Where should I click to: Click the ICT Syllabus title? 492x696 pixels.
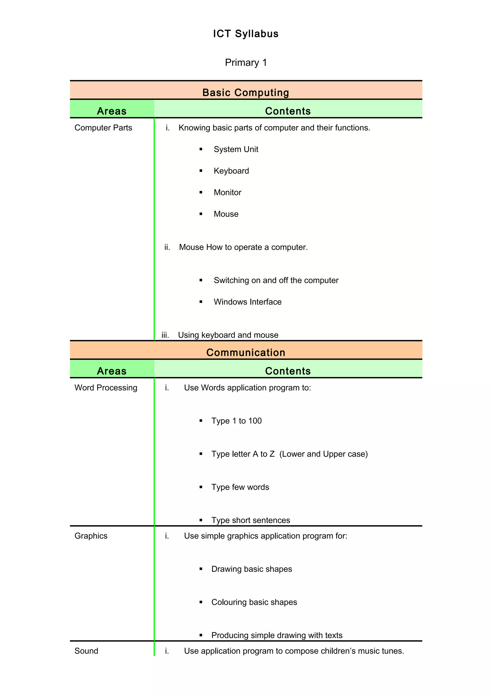tap(246, 34)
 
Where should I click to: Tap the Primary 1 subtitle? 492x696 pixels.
tap(246, 62)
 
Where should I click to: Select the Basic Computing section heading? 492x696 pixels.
tap(246, 92)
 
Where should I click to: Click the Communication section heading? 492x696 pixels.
tap(246, 352)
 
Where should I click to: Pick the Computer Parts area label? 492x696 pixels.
tap(103, 128)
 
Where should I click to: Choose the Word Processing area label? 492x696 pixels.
tap(106, 387)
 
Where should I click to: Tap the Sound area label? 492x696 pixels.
tap(86, 651)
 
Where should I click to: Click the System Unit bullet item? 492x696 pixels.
tap(236, 149)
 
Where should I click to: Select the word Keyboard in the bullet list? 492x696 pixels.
tap(231, 171)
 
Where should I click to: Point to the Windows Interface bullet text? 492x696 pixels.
tap(247, 302)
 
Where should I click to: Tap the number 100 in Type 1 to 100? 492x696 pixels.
tap(255, 421)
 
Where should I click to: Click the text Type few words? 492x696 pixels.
tap(240, 487)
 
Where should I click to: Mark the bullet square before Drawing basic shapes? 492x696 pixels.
tap(201, 569)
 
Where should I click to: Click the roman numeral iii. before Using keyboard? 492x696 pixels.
tap(165, 335)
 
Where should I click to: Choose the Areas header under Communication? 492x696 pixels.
tap(111, 371)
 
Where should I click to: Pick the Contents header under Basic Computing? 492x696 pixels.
tap(288, 111)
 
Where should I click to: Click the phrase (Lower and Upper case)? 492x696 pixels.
tap(323, 454)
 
